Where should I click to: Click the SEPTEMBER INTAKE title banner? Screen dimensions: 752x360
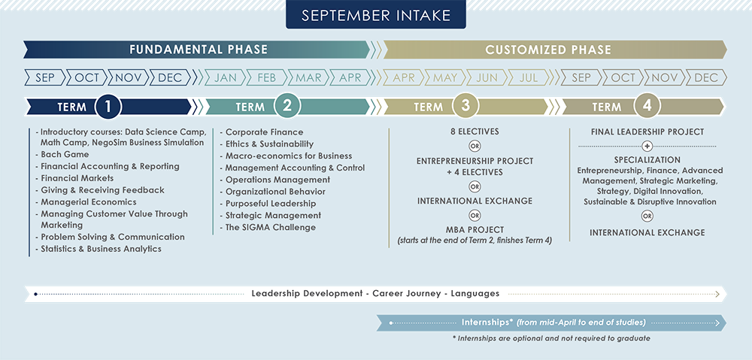(x=376, y=14)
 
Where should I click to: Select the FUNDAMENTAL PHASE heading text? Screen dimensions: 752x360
(x=198, y=50)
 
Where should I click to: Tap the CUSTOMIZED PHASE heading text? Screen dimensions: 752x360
(x=548, y=50)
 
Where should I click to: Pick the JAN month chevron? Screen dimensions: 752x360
(x=225, y=77)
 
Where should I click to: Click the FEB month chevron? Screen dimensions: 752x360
(x=267, y=77)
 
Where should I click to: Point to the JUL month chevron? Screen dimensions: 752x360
(x=528, y=77)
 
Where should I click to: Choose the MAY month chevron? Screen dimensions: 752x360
(x=444, y=77)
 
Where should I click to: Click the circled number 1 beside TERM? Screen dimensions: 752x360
(x=108, y=107)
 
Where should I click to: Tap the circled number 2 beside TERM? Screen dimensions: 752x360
(x=287, y=107)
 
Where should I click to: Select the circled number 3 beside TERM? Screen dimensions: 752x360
(x=465, y=107)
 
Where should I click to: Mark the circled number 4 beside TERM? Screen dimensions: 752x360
(x=647, y=107)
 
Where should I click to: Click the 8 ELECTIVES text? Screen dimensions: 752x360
(x=475, y=132)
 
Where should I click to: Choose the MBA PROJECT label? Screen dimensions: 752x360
(x=475, y=230)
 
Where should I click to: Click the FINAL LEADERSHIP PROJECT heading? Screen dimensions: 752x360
(x=647, y=132)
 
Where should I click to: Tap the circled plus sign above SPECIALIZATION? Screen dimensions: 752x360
(x=647, y=146)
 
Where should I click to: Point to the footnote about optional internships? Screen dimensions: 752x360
(x=551, y=338)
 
